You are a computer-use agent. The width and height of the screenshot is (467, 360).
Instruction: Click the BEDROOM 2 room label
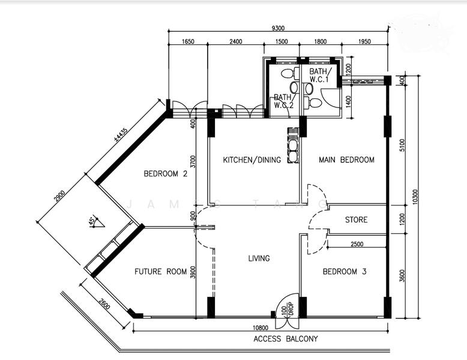[166, 173]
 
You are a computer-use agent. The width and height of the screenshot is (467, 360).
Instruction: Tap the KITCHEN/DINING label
[252, 160]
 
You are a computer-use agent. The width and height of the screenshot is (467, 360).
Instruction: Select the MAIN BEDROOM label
[347, 160]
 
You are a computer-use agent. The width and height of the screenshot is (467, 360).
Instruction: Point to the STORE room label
[356, 220]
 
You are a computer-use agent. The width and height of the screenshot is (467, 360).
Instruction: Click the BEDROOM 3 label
[345, 272]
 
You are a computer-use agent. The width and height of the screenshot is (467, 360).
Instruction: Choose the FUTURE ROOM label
[160, 272]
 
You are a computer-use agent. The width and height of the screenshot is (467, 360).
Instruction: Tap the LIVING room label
[259, 258]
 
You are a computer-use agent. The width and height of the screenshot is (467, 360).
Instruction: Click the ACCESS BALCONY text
[286, 339]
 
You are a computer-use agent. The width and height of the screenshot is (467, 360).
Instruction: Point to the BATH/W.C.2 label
[283, 101]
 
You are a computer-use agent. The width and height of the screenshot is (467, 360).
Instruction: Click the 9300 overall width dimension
[278, 28]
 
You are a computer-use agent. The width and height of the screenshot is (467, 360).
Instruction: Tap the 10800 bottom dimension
[261, 328]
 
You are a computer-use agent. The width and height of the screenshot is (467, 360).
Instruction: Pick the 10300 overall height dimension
[415, 197]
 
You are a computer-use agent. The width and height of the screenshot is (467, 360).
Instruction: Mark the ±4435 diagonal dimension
[121, 134]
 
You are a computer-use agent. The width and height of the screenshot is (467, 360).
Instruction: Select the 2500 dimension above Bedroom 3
[357, 244]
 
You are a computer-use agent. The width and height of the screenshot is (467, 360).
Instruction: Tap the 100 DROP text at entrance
[288, 310]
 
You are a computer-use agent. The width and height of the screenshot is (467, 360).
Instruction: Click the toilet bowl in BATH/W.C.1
[314, 103]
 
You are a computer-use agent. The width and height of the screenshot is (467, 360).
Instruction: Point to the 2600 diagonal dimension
[104, 304]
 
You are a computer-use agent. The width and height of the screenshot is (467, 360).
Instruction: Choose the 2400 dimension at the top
[235, 41]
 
